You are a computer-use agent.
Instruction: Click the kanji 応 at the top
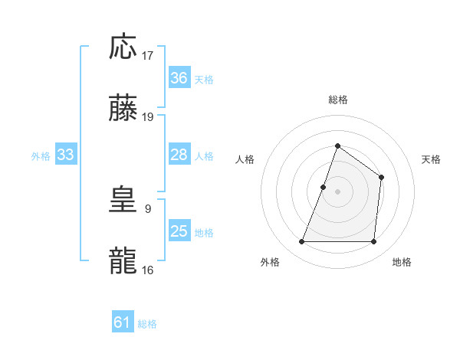tap(123, 47)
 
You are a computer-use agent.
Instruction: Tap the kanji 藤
tap(123, 110)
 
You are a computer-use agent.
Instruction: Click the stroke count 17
tap(148, 56)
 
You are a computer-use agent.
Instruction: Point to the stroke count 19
tap(148, 117)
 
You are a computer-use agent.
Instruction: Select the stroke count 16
tap(148, 270)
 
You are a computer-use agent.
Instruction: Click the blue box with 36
tap(179, 78)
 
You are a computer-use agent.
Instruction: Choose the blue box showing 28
tap(179, 155)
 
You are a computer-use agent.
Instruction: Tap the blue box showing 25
tap(179, 231)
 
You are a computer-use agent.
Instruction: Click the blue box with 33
tap(65, 155)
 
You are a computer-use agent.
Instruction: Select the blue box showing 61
tap(123, 323)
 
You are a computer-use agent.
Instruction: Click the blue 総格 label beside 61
tap(147, 324)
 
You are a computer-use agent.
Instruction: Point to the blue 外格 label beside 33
tap(41, 155)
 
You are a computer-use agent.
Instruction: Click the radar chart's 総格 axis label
tap(337, 100)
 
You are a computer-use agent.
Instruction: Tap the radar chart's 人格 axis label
tap(245, 159)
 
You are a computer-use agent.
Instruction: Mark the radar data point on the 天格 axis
tap(381, 178)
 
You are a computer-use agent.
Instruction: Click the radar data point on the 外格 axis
tap(302, 242)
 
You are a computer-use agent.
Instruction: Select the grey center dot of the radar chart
tap(337, 191)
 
